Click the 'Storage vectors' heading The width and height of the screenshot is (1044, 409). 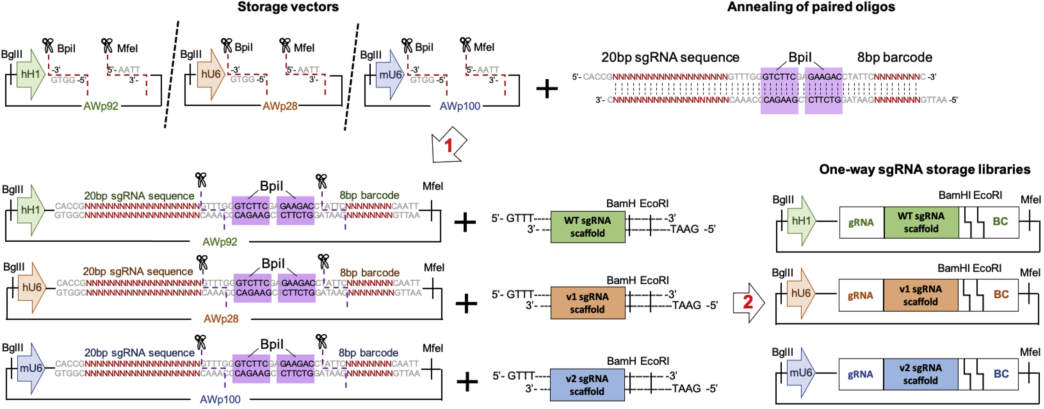(288, 7)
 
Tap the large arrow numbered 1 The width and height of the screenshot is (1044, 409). (448, 145)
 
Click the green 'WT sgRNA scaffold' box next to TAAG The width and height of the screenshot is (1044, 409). (587, 226)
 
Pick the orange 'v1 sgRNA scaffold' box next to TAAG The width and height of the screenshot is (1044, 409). (587, 303)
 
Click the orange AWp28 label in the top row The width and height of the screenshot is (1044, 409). (280, 106)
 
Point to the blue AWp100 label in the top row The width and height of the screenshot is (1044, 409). (460, 106)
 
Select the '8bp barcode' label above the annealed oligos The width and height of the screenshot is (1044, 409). (894, 58)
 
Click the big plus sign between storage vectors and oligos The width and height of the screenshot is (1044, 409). (547, 88)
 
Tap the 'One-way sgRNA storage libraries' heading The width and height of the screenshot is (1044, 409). (924, 169)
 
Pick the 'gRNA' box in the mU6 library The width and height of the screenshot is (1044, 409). (860, 374)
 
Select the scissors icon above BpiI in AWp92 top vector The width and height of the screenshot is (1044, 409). (48, 46)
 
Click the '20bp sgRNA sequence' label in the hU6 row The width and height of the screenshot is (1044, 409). (138, 271)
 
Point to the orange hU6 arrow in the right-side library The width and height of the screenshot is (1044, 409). (800, 293)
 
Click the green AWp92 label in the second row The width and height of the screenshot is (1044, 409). (220, 242)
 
